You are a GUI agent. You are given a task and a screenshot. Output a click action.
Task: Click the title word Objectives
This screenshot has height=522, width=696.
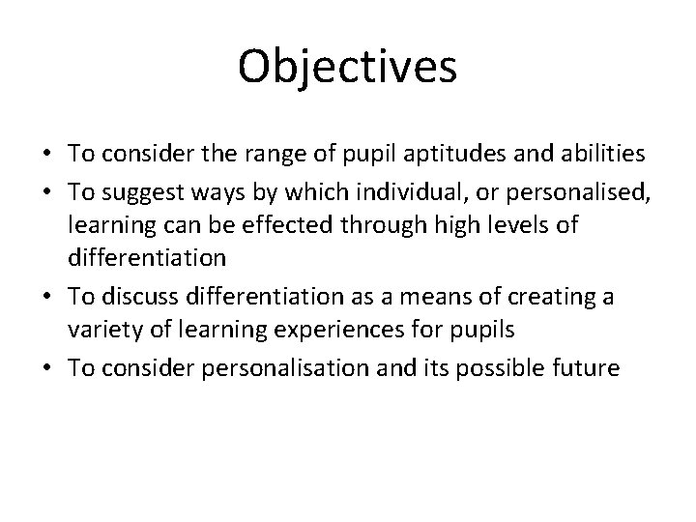click(x=347, y=68)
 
